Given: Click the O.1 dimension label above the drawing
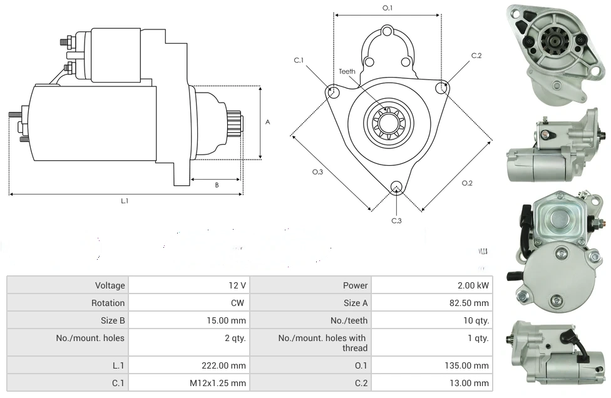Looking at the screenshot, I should coord(387,8).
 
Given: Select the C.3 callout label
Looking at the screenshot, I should coord(396,220).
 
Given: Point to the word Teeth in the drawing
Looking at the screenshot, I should coord(347,71).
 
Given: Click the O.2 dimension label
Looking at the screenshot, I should coord(467,183).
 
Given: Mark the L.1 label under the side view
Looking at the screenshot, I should coord(125,201).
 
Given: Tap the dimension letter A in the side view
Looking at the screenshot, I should coord(267,122).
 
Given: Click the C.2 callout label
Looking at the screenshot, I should coord(476,56).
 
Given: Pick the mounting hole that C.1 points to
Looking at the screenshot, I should coord(333,93).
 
